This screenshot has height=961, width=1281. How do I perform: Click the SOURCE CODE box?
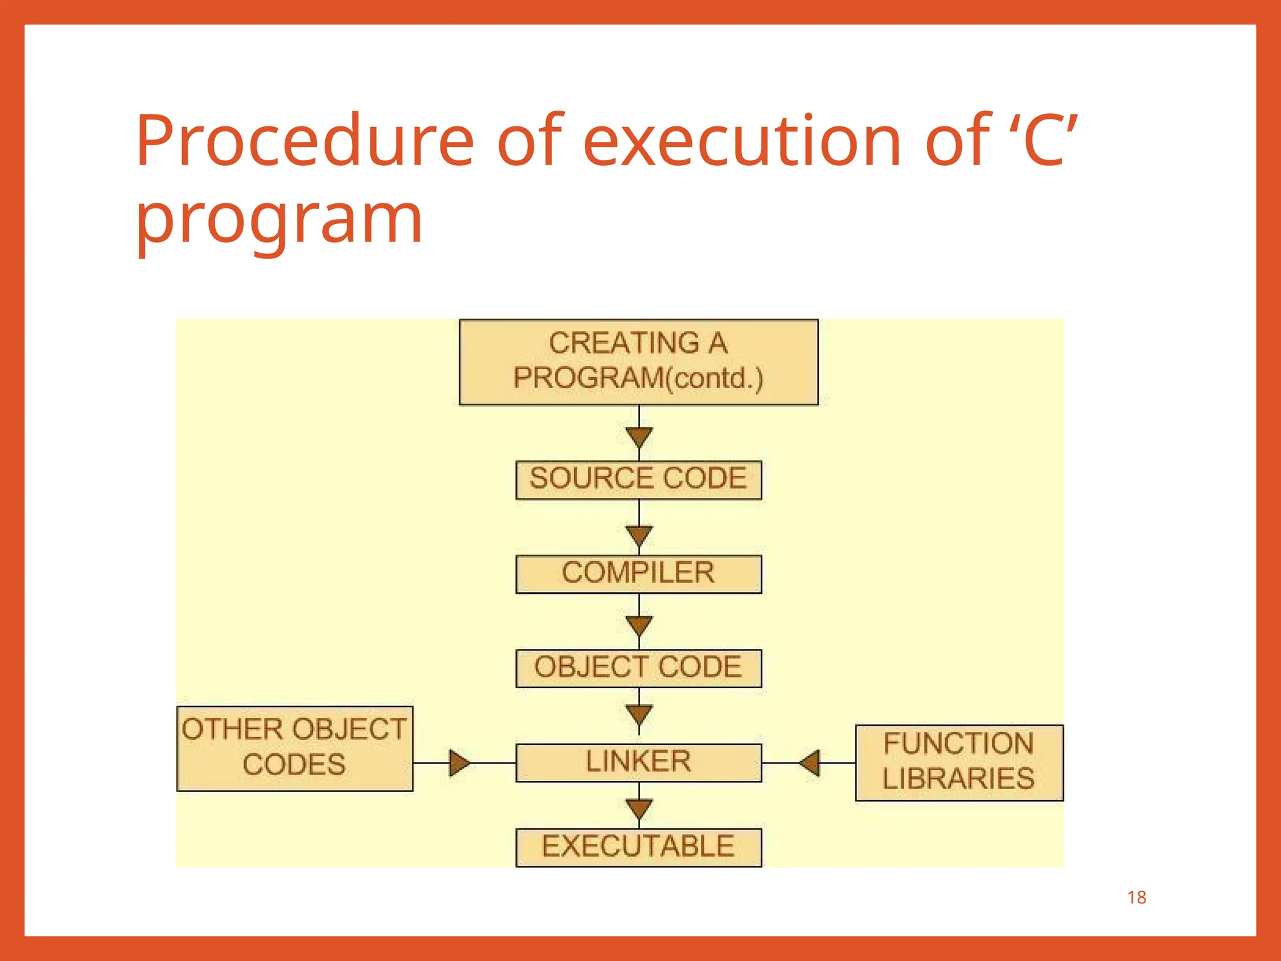(639, 480)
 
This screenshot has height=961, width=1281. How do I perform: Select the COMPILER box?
(639, 574)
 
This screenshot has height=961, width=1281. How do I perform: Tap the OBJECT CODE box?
(639, 668)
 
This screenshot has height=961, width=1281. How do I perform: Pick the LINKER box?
(639, 763)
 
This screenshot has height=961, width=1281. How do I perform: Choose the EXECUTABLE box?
(639, 847)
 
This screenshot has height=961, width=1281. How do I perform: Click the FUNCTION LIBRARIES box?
(959, 763)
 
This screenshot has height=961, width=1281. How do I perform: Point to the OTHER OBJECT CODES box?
(295, 748)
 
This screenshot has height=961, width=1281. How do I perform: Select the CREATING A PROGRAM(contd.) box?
(639, 362)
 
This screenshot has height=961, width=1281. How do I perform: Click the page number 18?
(1137, 898)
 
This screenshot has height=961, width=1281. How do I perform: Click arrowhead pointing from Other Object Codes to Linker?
(459, 763)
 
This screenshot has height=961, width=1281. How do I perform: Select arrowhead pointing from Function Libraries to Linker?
(810, 763)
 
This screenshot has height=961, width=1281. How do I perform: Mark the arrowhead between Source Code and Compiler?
(639, 536)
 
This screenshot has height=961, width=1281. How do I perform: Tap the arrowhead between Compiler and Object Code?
(639, 625)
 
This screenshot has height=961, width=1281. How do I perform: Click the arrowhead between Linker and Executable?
(639, 808)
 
